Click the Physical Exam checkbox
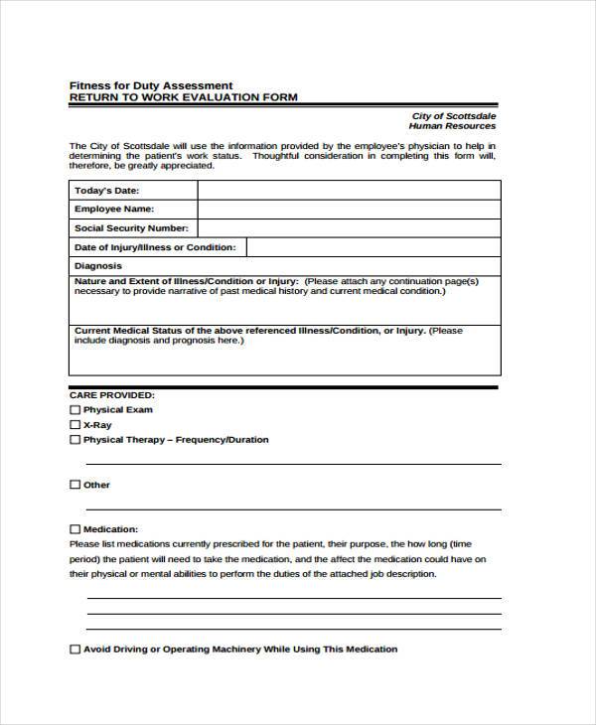click(x=74, y=409)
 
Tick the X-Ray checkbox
click(x=74, y=424)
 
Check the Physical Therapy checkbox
click(x=74, y=439)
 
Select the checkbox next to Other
click(x=74, y=485)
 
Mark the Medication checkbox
click(x=74, y=529)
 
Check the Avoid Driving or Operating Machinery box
click(x=74, y=650)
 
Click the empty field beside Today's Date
click(x=348, y=190)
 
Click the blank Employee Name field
click(x=348, y=210)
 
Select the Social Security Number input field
click(x=348, y=228)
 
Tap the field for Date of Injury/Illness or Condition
click(x=372, y=247)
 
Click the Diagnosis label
click(x=98, y=266)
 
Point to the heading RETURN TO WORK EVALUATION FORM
click(x=183, y=97)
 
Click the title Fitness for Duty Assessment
click(x=150, y=84)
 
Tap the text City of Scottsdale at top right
click(x=454, y=116)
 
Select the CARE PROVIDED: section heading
click(x=111, y=394)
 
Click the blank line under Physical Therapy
click(x=293, y=462)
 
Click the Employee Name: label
click(x=114, y=210)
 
